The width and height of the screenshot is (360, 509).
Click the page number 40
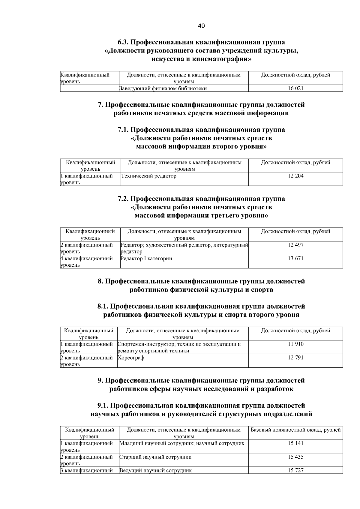coord(201,26)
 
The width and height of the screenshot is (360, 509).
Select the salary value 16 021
coord(295,88)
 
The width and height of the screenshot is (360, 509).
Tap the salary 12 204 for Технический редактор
coord(295,176)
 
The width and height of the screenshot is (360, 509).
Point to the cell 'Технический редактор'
coord(148,176)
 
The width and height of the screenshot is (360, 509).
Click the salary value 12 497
coord(295,245)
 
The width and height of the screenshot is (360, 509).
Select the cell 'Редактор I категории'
coord(146,258)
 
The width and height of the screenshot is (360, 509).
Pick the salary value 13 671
coord(295,258)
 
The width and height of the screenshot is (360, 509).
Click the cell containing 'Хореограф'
coord(131,358)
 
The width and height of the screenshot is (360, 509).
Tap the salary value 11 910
coord(295,344)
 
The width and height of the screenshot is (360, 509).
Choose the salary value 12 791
coord(295,358)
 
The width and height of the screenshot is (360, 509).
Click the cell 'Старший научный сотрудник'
coord(155,457)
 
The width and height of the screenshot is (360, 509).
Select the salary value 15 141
coord(295,443)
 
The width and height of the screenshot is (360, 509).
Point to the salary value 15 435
coord(295,457)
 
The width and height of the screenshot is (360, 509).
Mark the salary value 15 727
coord(295,470)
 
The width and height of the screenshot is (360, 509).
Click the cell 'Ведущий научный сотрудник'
coord(155,470)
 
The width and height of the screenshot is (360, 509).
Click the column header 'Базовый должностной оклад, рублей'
coord(295,430)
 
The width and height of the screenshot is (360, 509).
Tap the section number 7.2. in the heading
coord(123,199)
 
